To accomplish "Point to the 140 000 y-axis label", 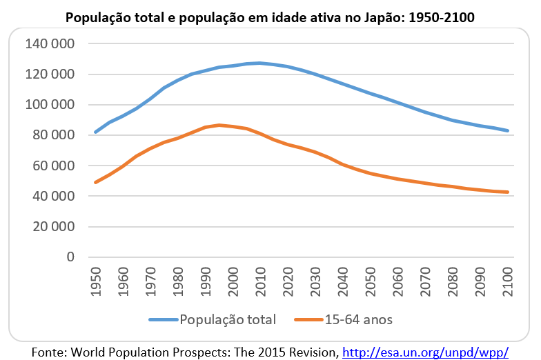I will (49, 44).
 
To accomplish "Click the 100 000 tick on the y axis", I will (49, 105).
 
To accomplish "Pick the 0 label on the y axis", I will (70, 257).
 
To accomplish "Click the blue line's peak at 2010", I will (261, 63).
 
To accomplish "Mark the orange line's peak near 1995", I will (219, 125).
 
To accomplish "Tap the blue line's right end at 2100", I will (509, 130).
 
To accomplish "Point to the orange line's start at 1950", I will (95, 182).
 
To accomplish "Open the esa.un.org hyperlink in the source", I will (425, 352).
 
